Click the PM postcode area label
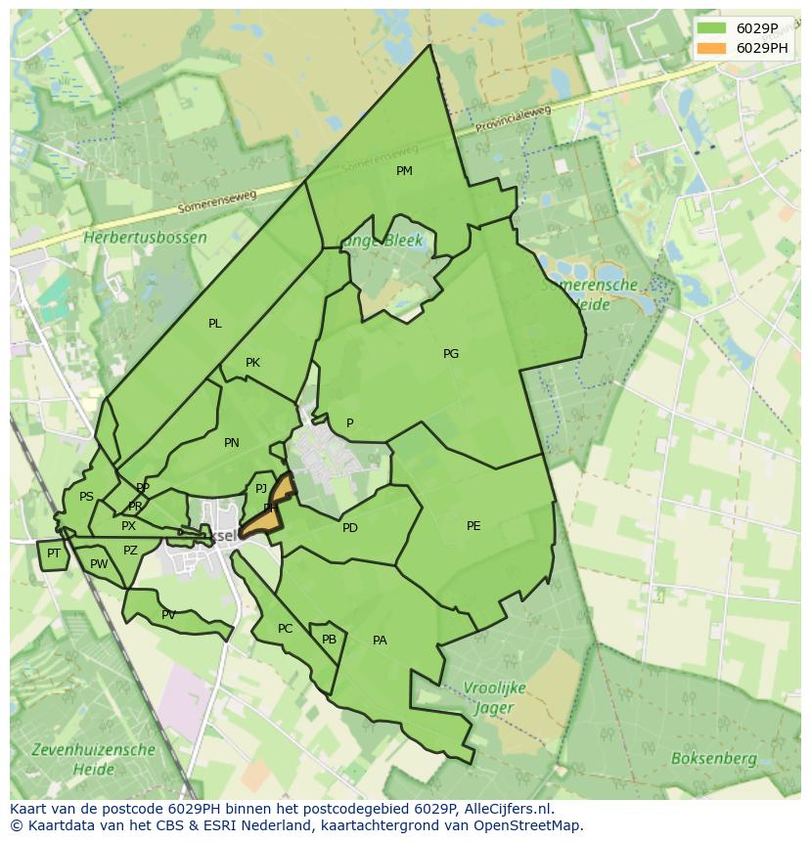[404, 171]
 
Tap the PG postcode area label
[451, 354]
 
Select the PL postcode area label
[215, 324]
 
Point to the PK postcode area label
[252, 363]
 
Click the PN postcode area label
[232, 443]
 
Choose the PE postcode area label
[473, 526]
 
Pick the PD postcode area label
[350, 528]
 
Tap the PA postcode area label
[380, 641]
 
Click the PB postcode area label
[329, 640]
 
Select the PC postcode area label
[285, 629]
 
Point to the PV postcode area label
[168, 615]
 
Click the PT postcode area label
[54, 554]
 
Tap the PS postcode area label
[86, 497]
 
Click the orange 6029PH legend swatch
[711, 48]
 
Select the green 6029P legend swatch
[711, 28]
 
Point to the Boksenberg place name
[713, 758]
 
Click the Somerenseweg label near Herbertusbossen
[217, 201]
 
